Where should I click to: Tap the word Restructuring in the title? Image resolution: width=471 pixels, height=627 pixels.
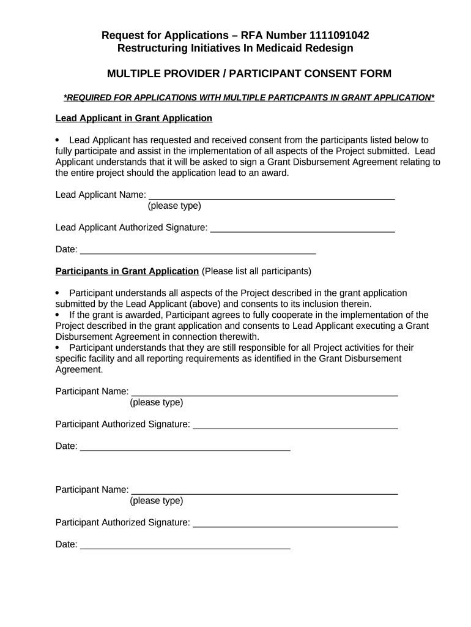148,48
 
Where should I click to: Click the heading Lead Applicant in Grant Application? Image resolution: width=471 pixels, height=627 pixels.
133,118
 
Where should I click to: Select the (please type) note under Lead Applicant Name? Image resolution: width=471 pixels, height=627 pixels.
174,206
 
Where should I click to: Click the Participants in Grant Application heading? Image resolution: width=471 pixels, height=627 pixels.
127,271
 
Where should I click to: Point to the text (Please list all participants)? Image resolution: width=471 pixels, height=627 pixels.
256,271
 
